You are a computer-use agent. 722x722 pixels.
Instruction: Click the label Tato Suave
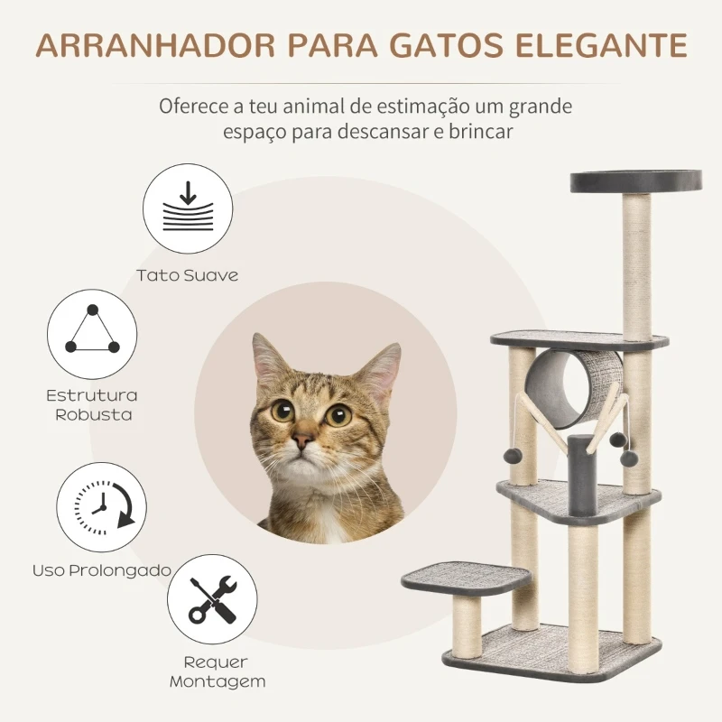pos(188,275)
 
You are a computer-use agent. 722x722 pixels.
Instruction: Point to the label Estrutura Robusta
pos(93,405)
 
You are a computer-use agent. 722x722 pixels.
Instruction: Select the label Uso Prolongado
pos(102,570)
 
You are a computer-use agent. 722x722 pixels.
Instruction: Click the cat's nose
pos(304,439)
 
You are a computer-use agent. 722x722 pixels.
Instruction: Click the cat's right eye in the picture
pos(338,415)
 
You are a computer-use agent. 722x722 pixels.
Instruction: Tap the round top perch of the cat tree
pos(636,180)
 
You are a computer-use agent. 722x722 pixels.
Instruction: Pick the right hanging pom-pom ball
pos(619,439)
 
